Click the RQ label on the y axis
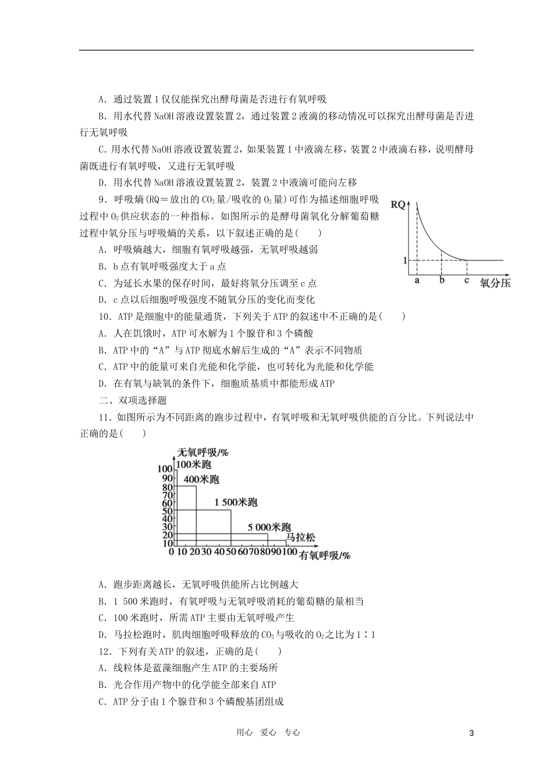click(x=398, y=204)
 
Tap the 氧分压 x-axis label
click(x=495, y=284)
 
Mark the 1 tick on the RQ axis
click(x=405, y=260)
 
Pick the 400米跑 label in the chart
click(x=201, y=479)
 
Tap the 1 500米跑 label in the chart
click(x=236, y=502)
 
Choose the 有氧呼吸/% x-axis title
click(x=325, y=555)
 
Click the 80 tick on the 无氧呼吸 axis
click(x=167, y=487)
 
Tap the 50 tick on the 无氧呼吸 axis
click(x=167, y=511)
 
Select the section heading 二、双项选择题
click(x=133, y=400)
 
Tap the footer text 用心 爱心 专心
click(x=268, y=733)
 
